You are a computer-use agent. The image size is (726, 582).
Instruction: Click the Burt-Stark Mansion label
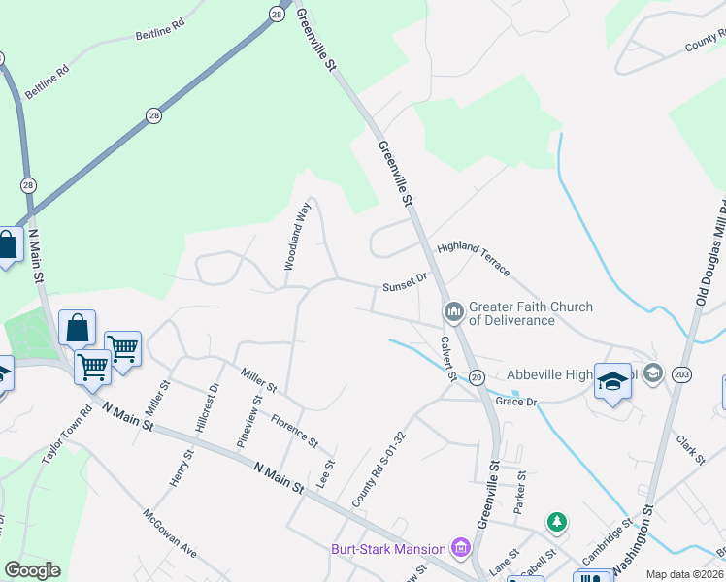[x=387, y=550]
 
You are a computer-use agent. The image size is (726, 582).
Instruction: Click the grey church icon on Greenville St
[x=452, y=312]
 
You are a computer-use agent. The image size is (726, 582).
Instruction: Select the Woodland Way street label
[x=297, y=236]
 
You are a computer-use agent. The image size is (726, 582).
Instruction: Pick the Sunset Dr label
[x=405, y=282]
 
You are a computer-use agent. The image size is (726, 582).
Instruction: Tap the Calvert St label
[x=447, y=358]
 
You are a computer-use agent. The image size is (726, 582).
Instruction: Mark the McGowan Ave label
[x=170, y=534]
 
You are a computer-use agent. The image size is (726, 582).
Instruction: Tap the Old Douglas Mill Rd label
[x=711, y=251]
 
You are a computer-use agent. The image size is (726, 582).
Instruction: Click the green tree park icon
[x=556, y=523]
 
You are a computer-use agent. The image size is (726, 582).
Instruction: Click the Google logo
[x=32, y=570]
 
